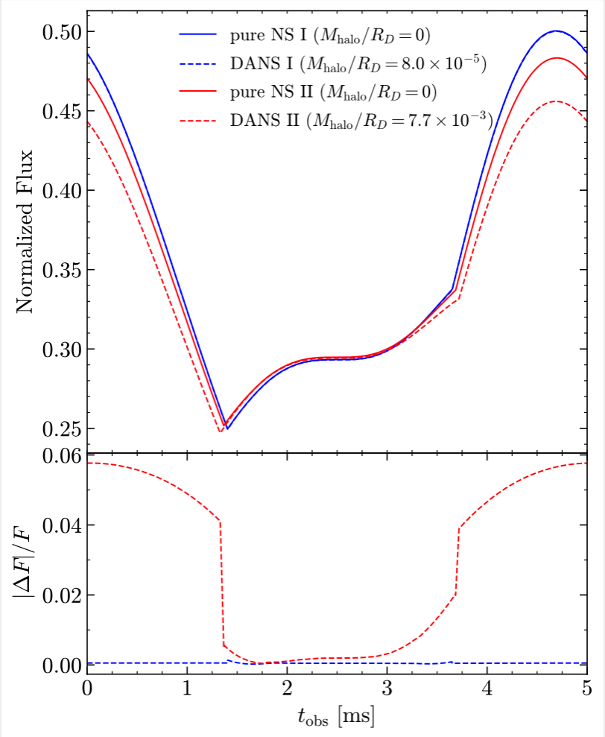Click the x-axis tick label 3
click(x=387, y=688)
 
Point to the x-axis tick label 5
click(x=586, y=688)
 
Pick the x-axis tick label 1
click(x=187, y=688)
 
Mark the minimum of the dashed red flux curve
click(x=220, y=431)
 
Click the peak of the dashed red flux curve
click(x=555, y=101)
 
